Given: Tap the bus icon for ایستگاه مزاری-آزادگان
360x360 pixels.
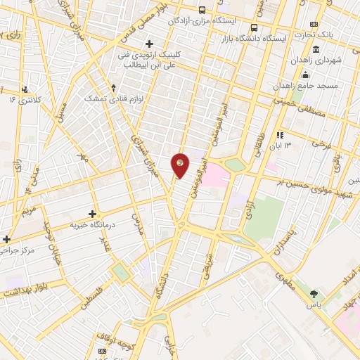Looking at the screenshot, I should (202, 10).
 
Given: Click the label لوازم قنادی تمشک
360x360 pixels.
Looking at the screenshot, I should (113, 99).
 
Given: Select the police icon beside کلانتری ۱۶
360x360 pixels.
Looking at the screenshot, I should (25, 89).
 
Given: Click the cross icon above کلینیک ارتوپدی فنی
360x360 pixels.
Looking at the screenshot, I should (149, 44).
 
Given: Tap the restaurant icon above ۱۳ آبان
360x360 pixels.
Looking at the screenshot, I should (280, 134).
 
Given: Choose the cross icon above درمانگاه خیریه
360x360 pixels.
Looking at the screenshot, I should (92, 213).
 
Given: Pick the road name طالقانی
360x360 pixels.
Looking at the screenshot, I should (256, 131).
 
